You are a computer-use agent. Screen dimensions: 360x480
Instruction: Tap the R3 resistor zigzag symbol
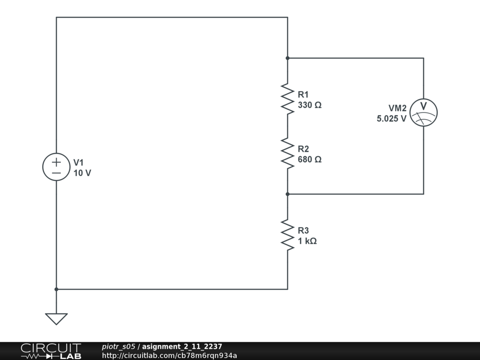(x=287, y=235)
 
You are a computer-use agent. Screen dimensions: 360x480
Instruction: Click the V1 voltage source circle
(x=56, y=167)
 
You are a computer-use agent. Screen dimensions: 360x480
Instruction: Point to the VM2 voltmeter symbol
(x=423, y=112)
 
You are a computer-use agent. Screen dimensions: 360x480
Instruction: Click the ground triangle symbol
(x=56, y=319)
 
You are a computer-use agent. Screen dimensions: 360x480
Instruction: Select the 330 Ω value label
(x=309, y=105)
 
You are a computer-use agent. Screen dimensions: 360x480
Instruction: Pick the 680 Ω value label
(x=309, y=159)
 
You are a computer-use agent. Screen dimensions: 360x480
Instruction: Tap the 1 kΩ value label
(x=307, y=241)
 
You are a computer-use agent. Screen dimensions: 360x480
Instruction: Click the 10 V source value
(x=82, y=173)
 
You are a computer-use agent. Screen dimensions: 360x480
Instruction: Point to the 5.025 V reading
(x=391, y=119)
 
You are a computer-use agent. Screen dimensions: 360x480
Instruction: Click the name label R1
(x=303, y=95)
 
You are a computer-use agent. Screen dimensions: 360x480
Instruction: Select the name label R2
(x=303, y=149)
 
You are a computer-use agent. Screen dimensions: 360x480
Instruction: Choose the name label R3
(x=303, y=231)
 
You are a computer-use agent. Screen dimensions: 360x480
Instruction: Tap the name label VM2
(x=397, y=108)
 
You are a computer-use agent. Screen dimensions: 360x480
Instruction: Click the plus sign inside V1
(x=56, y=162)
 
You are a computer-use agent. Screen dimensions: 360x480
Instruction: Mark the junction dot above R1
(x=287, y=58)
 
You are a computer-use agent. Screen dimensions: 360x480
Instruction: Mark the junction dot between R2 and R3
(x=287, y=194)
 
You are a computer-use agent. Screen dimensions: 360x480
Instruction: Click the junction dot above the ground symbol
(x=56, y=289)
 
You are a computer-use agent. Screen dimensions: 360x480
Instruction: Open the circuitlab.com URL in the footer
(x=169, y=355)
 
